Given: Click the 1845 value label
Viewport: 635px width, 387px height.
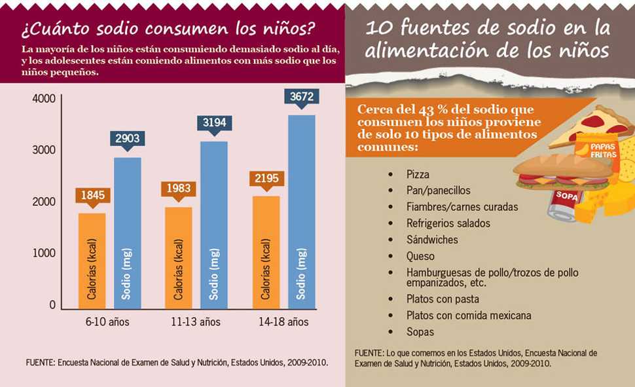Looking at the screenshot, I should click(x=92, y=194).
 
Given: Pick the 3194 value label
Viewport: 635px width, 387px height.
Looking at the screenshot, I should click(x=214, y=123).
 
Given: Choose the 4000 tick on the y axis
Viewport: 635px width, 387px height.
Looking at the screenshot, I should click(x=43, y=99).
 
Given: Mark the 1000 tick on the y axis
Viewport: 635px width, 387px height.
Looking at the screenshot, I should click(x=43, y=253).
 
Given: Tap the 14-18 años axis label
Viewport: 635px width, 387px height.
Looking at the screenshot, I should click(x=283, y=322).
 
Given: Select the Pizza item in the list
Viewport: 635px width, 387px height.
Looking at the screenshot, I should click(x=418, y=175).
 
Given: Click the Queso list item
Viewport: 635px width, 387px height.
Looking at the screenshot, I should click(x=420, y=256).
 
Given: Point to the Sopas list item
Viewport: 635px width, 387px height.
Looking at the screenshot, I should click(x=419, y=332).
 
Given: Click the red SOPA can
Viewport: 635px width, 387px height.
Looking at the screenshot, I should click(x=564, y=200).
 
